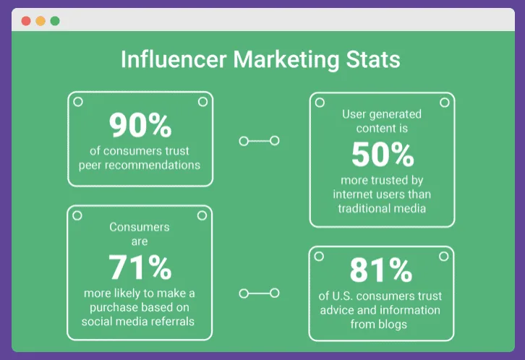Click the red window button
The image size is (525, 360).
tap(26, 20)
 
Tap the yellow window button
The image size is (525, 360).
tap(40, 20)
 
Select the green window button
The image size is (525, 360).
tap(55, 20)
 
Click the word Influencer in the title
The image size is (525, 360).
tap(172, 59)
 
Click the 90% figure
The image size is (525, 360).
tap(140, 126)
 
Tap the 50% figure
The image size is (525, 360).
tap(383, 155)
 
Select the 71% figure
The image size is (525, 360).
tap(140, 267)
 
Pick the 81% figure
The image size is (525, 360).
tap(380, 270)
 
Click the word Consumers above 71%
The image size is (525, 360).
tap(140, 227)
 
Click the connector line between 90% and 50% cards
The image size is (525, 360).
tap(259, 141)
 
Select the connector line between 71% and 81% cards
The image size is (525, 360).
tap(259, 293)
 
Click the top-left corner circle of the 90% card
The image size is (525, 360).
tap(78, 102)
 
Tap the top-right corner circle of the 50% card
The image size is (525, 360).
tap(444, 103)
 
